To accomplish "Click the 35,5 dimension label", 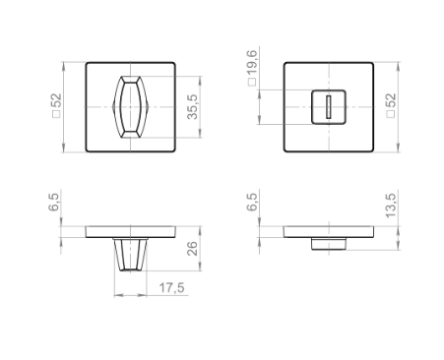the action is (193, 107).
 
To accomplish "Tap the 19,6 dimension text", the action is (252, 64).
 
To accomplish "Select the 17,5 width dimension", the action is (171, 288).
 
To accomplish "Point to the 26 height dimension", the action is (193, 249).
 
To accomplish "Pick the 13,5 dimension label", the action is (391, 206).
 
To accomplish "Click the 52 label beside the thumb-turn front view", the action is (56, 100).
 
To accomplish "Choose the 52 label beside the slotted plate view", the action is (391, 100).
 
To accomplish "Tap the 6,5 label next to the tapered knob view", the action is (54, 202).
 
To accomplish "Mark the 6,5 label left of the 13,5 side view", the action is (252, 202).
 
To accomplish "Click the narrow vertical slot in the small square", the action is (328, 107).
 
